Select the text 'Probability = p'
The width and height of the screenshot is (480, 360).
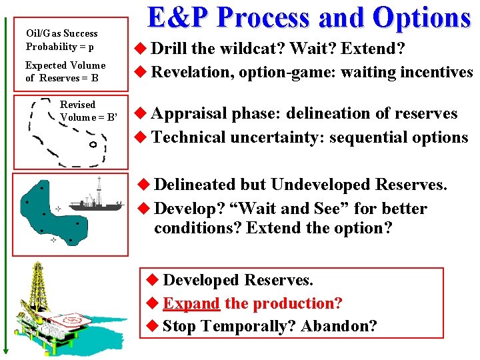coord(59,47)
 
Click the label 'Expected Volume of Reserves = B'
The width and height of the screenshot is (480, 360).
coord(65,71)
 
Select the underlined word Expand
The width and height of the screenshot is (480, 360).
coord(191,303)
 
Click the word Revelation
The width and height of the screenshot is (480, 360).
coord(190,72)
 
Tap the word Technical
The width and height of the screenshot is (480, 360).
coord(189,137)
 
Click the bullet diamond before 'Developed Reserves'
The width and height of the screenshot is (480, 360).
coord(151,281)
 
